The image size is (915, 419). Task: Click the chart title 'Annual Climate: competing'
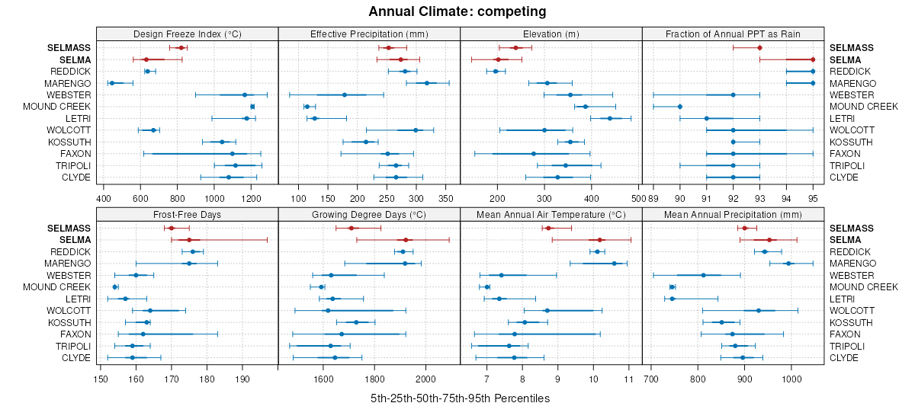(457, 11)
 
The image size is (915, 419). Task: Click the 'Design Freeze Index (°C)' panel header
(188, 34)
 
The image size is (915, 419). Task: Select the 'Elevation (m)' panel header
(551, 34)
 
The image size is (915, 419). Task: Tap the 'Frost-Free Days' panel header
(188, 214)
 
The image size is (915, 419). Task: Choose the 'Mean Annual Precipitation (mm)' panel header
(733, 214)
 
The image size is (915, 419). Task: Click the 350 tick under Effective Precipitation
(449, 199)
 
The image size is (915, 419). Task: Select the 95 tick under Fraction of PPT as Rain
(813, 199)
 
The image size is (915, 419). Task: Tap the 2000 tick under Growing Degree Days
(425, 379)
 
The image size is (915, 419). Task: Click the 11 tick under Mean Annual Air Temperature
(628, 379)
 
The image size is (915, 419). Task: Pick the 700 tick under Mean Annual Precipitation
(651, 379)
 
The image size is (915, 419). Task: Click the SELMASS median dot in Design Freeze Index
(181, 48)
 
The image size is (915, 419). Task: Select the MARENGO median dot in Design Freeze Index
(111, 83)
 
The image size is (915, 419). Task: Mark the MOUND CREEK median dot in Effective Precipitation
(307, 107)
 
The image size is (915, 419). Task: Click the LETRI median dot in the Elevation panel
(610, 118)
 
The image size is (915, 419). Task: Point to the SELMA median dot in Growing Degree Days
(406, 240)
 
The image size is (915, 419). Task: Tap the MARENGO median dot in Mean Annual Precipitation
(788, 264)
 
